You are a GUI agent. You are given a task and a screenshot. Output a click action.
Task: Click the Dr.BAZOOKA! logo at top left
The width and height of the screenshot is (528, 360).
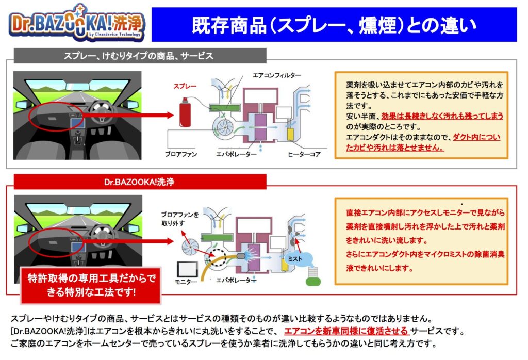(77, 23)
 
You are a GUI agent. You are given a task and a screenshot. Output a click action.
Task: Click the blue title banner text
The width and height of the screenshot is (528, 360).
(334, 25)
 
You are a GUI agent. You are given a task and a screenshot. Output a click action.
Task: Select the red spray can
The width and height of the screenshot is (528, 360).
(185, 112)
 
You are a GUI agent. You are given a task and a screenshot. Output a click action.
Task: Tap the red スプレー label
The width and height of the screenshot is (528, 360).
(185, 86)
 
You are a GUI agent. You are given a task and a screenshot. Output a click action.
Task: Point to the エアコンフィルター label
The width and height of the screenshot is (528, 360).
(277, 75)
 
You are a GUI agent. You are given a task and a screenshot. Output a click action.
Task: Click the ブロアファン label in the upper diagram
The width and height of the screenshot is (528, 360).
(181, 154)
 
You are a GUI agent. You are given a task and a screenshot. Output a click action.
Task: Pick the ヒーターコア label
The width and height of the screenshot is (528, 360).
(304, 154)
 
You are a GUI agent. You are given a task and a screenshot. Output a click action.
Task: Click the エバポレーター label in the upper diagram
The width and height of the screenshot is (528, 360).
(236, 154)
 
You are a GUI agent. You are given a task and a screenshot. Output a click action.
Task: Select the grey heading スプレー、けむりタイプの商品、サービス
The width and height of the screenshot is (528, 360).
(138, 56)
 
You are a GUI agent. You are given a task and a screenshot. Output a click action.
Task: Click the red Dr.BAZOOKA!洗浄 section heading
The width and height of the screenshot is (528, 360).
(139, 182)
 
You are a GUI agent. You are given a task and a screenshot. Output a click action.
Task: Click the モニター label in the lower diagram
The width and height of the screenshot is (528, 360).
(186, 282)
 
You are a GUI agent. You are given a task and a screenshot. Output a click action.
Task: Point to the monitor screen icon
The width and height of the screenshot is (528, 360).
(187, 269)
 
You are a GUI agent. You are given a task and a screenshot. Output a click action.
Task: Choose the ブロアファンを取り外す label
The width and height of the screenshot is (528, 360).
(180, 219)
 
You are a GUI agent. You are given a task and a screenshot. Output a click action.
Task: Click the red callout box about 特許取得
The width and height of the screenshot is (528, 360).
(91, 286)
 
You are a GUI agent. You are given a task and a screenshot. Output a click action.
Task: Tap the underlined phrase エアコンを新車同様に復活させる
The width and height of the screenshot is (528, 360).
(346, 331)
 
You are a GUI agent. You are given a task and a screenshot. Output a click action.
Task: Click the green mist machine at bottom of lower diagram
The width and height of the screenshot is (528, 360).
(313, 277)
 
